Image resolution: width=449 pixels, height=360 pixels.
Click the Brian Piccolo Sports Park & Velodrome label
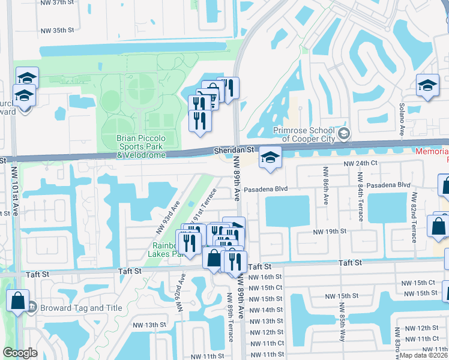(x=141, y=146)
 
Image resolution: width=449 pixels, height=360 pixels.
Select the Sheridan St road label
(x=235, y=152)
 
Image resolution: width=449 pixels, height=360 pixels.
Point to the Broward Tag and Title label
(x=81, y=308)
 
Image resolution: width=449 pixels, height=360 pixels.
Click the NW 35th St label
(x=58, y=30)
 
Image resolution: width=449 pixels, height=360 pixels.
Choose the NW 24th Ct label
(x=360, y=163)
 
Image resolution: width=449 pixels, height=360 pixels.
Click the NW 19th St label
(x=330, y=232)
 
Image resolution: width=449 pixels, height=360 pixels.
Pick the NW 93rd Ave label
(x=168, y=219)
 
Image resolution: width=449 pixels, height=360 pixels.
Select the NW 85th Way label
(x=342, y=328)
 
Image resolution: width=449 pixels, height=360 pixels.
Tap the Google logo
(x=20, y=353)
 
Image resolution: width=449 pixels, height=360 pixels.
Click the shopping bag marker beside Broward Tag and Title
(x=18, y=301)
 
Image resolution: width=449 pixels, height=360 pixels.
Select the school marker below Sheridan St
(x=270, y=158)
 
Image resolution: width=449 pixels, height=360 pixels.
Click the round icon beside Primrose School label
(x=344, y=133)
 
